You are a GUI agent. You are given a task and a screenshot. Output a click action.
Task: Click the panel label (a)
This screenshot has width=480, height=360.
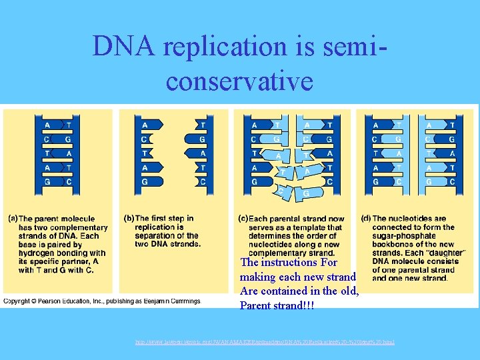click(12, 219)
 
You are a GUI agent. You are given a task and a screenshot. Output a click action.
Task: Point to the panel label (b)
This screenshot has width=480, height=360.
click(129, 219)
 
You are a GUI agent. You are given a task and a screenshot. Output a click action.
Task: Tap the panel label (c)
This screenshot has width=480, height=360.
click(243, 219)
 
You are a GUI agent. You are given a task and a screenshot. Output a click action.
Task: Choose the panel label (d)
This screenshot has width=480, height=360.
click(366, 219)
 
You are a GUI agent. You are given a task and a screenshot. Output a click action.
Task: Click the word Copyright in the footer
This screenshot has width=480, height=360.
click(19, 301)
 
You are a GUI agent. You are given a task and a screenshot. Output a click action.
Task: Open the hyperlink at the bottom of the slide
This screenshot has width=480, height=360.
click(265, 342)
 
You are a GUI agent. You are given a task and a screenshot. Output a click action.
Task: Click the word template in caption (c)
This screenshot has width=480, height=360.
click(321, 227)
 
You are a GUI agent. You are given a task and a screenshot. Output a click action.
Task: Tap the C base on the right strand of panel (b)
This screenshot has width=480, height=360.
click(203, 181)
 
